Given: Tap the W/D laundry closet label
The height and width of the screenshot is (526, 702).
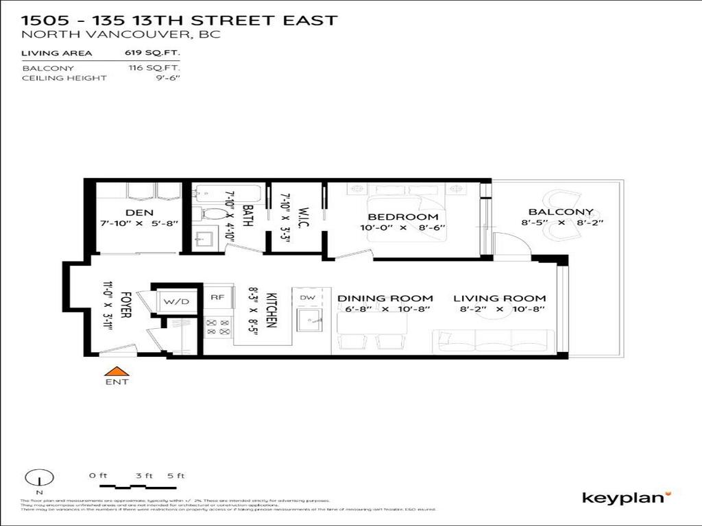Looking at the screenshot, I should tap(169, 300).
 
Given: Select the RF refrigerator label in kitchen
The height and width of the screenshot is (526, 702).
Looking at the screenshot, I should tap(217, 297).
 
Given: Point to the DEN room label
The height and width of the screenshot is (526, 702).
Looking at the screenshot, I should tap(138, 212).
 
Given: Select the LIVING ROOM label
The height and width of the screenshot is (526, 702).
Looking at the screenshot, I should tap(499, 298).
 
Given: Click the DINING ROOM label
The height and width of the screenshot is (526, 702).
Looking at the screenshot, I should tap(385, 298).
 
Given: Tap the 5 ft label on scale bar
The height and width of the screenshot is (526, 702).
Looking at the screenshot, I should tap(176, 475).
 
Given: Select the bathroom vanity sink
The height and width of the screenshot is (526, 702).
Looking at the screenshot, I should tap(204, 240).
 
